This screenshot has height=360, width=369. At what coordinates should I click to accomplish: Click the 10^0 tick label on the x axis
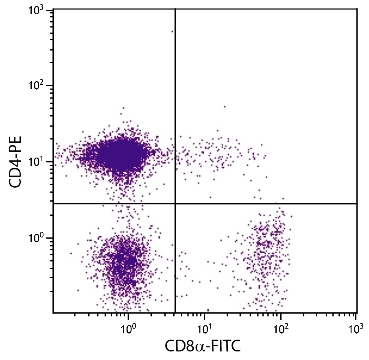pos(128,327)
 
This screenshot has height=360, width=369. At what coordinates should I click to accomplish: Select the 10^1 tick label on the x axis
pos(204,327)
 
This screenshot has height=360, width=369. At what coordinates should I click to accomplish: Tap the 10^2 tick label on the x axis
pos(280,327)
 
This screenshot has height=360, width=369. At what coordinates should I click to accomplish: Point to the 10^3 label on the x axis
pos(356,327)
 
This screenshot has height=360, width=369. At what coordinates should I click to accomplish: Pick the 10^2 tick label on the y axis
pos(39,86)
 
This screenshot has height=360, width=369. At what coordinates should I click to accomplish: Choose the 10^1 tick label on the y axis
pos(39,162)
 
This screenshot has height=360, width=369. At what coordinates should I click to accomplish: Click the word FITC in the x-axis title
pos(225,347)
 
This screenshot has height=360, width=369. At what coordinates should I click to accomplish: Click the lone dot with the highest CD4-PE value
pos(172,31)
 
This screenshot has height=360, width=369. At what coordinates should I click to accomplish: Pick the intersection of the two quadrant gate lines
pos(175,203)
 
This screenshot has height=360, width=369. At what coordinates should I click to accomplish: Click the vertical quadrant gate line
pos(175,102)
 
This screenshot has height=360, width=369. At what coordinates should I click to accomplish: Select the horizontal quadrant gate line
pos(264,203)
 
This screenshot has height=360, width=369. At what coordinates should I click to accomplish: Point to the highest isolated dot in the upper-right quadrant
pos(224,107)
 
